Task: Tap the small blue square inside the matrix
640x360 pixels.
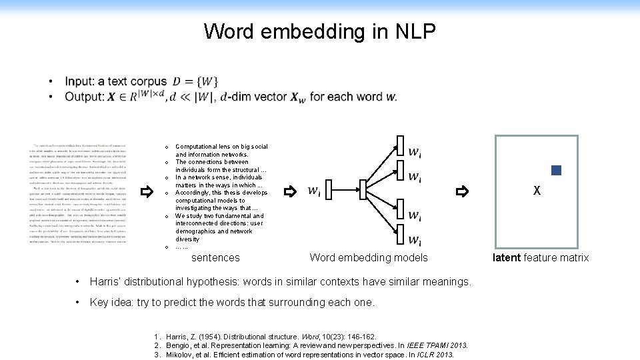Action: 557,170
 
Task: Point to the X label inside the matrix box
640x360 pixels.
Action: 537,191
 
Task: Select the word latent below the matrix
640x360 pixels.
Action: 507,257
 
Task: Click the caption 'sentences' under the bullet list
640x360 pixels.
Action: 215,257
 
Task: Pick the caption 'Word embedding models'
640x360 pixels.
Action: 369,257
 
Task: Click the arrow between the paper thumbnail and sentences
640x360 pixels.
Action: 147,192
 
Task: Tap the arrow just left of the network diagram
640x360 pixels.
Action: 289,192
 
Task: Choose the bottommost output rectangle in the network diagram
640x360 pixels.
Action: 400,235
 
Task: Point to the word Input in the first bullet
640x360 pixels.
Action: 79,82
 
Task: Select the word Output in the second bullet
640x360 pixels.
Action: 83,97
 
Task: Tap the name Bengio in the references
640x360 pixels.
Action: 179,345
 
